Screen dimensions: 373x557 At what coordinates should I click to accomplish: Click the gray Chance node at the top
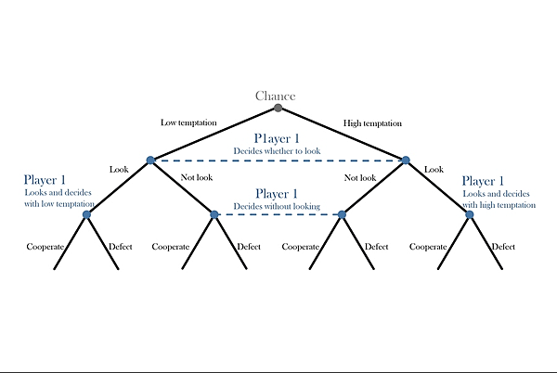(278, 108)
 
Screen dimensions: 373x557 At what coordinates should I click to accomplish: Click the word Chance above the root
(275, 96)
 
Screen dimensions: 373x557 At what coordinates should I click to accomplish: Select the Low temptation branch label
(188, 122)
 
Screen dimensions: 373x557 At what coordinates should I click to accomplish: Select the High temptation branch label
(372, 122)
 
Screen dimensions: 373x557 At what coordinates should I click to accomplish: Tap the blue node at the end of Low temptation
(150, 161)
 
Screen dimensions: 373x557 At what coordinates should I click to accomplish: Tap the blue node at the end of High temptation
(406, 161)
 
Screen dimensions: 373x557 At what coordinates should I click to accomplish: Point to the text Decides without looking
(276, 206)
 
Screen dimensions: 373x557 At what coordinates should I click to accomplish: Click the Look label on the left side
(119, 170)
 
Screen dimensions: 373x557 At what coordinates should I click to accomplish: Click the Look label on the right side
(434, 170)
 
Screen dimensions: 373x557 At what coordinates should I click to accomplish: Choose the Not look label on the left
(199, 177)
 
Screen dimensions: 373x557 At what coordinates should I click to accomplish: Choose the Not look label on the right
(359, 177)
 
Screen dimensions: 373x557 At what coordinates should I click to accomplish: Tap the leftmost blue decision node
(86, 214)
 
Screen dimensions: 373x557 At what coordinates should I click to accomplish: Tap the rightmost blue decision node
(470, 214)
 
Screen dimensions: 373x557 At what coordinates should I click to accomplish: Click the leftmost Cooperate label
(45, 247)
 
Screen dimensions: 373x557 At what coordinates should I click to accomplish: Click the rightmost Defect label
(503, 247)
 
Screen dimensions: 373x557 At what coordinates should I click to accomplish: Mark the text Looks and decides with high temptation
(496, 198)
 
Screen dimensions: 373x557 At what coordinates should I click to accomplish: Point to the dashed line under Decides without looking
(278, 214)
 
